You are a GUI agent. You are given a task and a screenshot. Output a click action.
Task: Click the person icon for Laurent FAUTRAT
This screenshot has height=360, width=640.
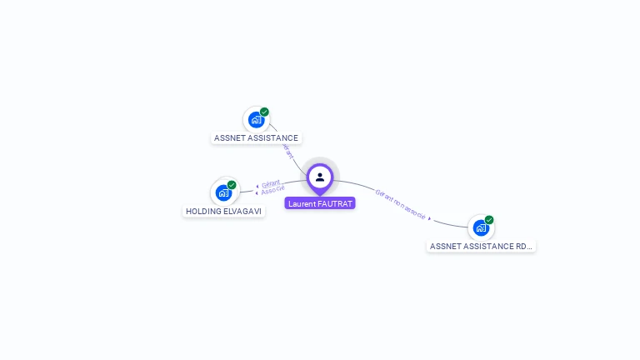point(320,177)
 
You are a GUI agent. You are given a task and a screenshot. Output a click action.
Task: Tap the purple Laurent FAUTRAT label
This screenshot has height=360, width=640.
point(320,203)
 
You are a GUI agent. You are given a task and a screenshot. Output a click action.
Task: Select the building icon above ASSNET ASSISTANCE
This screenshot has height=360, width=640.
point(256,119)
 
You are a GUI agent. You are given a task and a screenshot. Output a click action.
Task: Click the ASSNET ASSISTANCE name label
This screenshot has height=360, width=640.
point(256,138)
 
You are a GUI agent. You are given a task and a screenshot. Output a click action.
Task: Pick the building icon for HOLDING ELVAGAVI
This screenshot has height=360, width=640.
point(223,192)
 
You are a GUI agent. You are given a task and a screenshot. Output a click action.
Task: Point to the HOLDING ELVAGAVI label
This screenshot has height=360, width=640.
point(224,212)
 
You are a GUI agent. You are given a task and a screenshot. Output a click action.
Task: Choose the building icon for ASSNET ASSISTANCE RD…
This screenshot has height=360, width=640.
point(481,227)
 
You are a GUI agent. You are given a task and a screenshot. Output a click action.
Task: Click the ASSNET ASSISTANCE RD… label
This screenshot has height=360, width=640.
point(481,247)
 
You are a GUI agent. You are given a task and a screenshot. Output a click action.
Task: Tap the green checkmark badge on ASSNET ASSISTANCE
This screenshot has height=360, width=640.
point(264,112)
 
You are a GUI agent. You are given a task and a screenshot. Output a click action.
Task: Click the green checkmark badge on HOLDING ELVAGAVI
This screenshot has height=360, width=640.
point(232,185)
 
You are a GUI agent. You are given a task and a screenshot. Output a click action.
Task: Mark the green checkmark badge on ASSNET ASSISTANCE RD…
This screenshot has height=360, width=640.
point(489,220)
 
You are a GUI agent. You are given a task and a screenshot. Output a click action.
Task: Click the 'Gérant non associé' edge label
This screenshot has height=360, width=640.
point(401,205)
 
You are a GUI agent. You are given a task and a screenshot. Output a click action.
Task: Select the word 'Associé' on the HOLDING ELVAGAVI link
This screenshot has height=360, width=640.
point(272,192)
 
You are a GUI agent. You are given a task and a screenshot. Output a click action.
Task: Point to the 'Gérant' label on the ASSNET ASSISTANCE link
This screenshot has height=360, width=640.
point(287,151)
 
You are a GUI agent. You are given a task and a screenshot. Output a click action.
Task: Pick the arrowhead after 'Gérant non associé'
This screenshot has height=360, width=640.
point(430,218)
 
